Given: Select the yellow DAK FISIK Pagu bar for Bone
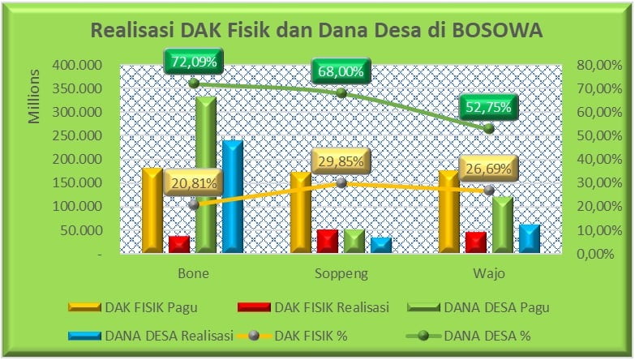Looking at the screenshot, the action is [x=152, y=210].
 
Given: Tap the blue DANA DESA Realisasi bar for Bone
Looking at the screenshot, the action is [x=233, y=197].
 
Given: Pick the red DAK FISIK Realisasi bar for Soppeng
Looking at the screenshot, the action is [x=328, y=242].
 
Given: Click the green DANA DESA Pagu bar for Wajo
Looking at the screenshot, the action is [x=503, y=225].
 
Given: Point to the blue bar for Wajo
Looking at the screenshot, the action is [x=530, y=238].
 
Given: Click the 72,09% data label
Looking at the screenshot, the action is [x=194, y=62].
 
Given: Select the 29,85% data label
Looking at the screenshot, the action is [x=341, y=161].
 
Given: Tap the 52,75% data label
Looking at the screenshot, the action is [x=488, y=107].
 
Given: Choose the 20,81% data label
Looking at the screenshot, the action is [x=194, y=183].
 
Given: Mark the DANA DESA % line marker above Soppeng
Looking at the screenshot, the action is [x=341, y=93].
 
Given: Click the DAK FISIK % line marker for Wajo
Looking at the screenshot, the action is [x=489, y=190].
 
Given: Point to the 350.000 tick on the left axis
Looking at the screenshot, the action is [x=77, y=88].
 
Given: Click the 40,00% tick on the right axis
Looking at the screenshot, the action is [x=599, y=159].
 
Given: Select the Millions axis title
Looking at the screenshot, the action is [x=34, y=96].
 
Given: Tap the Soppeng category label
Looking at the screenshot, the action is [x=341, y=274].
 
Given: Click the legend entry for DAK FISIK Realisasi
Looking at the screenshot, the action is [x=314, y=307].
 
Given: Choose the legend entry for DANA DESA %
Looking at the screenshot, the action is [x=468, y=336].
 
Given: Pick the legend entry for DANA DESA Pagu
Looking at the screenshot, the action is [x=478, y=307].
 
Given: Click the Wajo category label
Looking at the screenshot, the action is [x=489, y=274].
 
